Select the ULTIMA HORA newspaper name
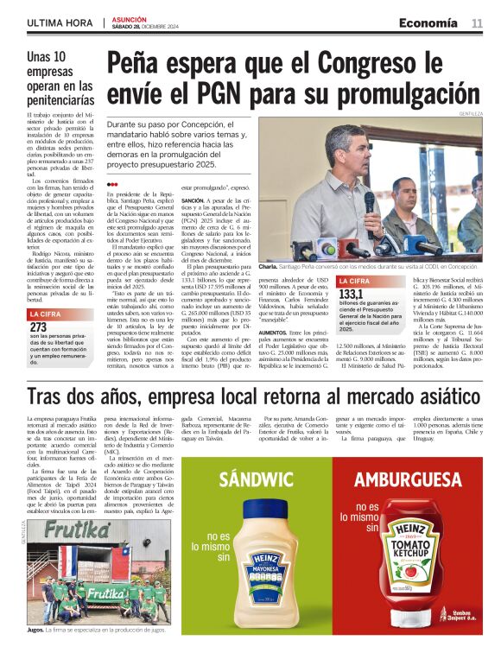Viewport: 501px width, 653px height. pos(56,22)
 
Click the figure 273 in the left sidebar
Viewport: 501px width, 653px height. pos(39,327)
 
